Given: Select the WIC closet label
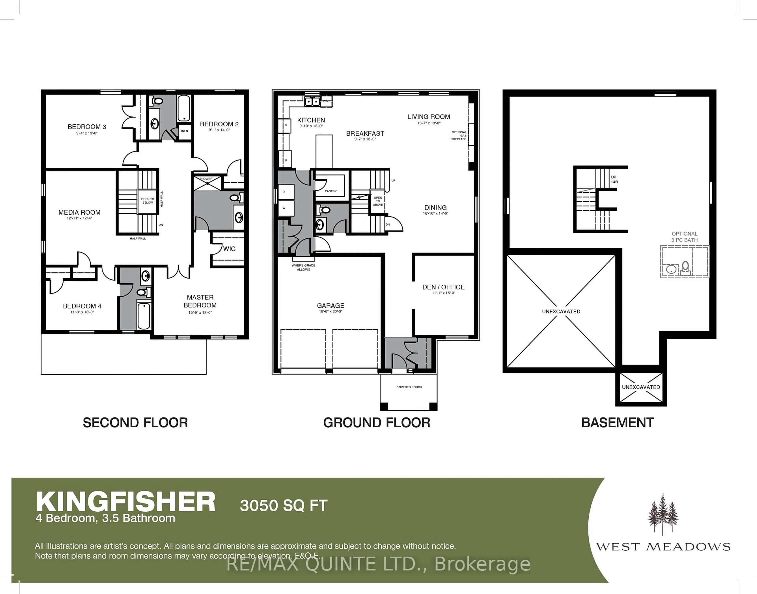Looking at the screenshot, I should pyautogui.click(x=229, y=249).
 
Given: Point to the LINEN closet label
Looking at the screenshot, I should pyautogui.click(x=184, y=131).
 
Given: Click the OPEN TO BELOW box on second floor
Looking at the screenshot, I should pyautogui.click(x=147, y=201).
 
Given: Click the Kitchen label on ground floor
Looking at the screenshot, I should pyautogui.click(x=311, y=120).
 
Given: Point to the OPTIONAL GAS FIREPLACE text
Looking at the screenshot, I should pyautogui.click(x=459, y=136).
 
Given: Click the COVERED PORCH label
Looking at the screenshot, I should pyautogui.click(x=409, y=387).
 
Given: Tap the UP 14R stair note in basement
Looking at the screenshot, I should pyautogui.click(x=614, y=179).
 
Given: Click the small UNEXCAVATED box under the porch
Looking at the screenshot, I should pyautogui.click(x=640, y=387).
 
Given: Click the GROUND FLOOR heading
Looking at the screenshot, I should pyautogui.click(x=376, y=423).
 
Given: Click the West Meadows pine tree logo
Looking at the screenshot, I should pyautogui.click(x=663, y=514).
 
